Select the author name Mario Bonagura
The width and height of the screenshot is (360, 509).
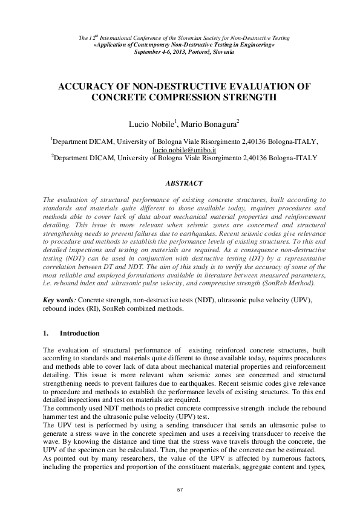(203, 125)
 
